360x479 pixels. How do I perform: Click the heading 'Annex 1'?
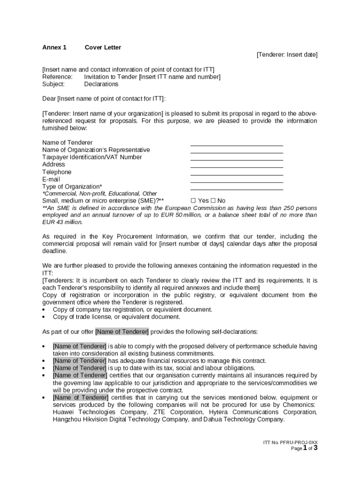(54, 47)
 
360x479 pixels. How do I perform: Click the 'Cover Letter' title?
(102, 47)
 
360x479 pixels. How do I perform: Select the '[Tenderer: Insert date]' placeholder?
(287, 55)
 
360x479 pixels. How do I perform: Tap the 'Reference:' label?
(57, 77)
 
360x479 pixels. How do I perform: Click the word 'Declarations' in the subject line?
(101, 84)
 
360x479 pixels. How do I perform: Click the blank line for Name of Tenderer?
(237, 143)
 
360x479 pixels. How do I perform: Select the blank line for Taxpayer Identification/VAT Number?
(237, 158)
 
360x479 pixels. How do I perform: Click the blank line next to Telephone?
(237, 173)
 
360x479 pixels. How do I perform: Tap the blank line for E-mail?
(237, 180)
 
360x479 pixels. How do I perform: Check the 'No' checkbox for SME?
(214, 201)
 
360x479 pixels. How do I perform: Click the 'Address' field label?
(54, 165)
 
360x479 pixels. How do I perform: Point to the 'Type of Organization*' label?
(72, 187)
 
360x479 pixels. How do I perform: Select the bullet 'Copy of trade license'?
(116, 317)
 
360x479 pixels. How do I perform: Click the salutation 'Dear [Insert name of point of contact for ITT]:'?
(104, 99)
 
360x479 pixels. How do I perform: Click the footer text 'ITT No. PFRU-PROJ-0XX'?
(290, 442)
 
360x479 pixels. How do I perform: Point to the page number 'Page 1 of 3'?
(304, 448)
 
